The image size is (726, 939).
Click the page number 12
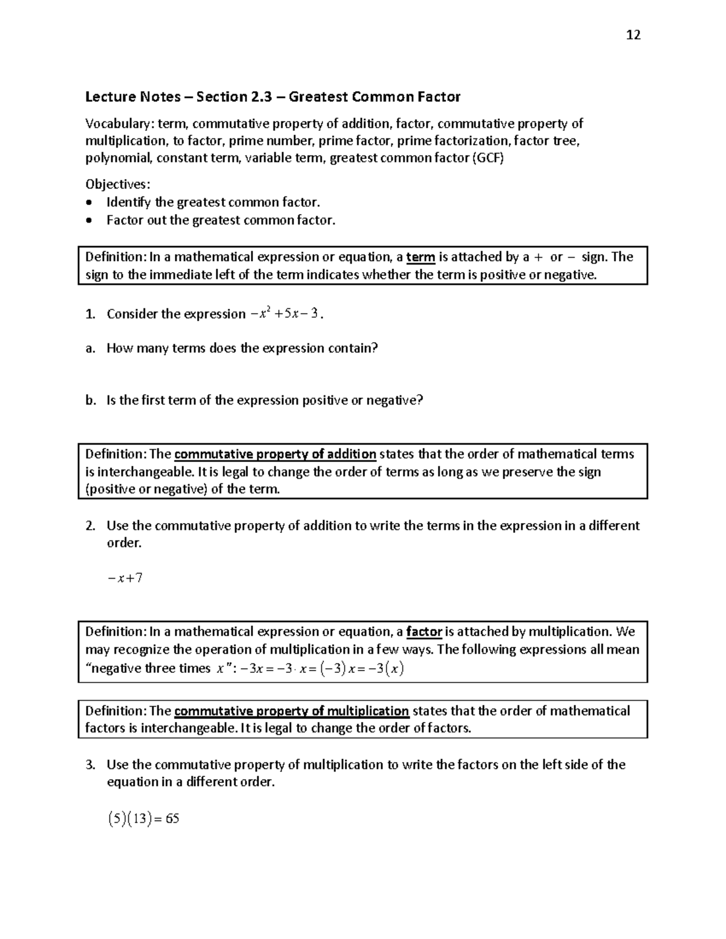click(x=633, y=34)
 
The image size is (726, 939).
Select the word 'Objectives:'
click(x=118, y=184)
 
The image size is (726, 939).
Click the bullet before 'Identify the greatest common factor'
click(x=90, y=203)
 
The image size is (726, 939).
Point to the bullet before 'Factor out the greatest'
click(x=90, y=221)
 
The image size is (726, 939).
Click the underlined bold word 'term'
click(x=420, y=258)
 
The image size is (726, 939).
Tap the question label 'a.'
click(x=90, y=348)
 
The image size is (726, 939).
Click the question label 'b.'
click(x=91, y=400)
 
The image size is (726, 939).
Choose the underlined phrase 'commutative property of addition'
click(x=275, y=454)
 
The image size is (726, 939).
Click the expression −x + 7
click(x=125, y=578)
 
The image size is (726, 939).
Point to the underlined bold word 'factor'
click(x=423, y=632)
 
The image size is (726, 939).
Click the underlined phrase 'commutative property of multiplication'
click(x=291, y=711)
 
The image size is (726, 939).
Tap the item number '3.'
click(x=90, y=765)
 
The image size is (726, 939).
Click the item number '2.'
click(x=90, y=526)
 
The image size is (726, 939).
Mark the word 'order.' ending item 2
click(x=124, y=543)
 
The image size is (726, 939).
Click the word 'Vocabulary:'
click(x=119, y=124)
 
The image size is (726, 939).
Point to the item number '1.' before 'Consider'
click(x=90, y=314)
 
